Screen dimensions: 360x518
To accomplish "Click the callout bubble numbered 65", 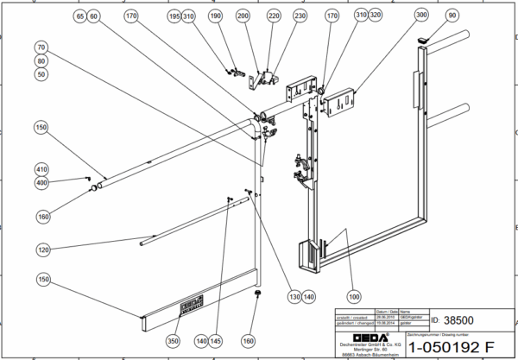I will pos(80,16).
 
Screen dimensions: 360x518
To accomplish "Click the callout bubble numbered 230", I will pos(300,16).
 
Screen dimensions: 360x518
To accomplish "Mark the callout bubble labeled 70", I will pos(41,47).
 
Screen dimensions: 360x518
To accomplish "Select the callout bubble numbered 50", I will pos(41,75).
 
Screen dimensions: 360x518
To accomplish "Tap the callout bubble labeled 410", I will pos(41,169).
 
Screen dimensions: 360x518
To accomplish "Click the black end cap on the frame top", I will pos(423,40).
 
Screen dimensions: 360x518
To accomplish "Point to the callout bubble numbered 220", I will pos(274,16).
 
